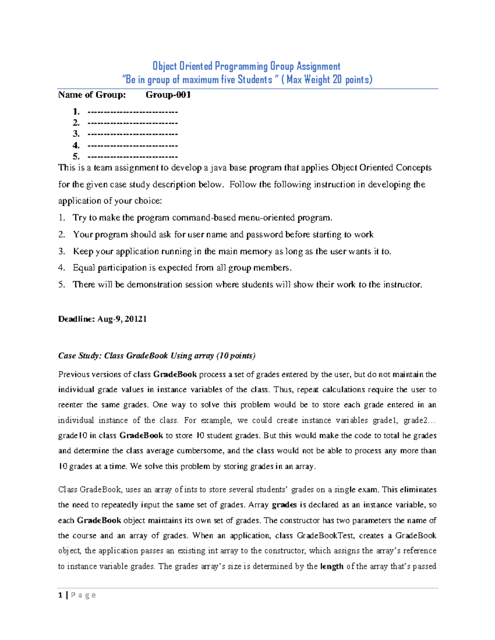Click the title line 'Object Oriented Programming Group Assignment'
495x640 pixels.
(x=246, y=66)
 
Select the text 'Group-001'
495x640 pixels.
(x=168, y=95)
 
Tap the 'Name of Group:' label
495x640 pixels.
(x=92, y=95)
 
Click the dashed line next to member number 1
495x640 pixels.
(x=132, y=112)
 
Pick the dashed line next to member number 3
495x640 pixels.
(x=132, y=134)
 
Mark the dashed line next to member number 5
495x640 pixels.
(x=132, y=157)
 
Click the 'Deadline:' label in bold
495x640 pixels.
(x=76, y=319)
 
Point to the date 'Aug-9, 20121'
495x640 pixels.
(x=122, y=319)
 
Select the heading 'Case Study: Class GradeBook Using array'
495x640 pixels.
(x=136, y=356)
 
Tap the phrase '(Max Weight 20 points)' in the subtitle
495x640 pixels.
(x=327, y=80)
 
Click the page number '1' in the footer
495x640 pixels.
(x=61, y=595)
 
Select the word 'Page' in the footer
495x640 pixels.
(x=83, y=595)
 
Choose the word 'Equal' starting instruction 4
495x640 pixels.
(x=84, y=268)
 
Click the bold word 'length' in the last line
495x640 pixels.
(x=332, y=566)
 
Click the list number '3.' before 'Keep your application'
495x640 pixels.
(x=62, y=251)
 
